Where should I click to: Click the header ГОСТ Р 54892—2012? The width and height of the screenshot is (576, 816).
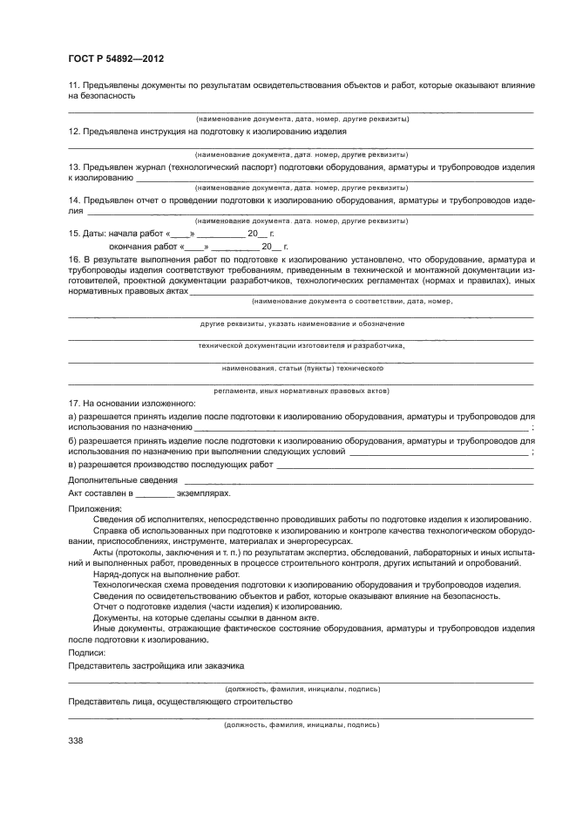coord(116,58)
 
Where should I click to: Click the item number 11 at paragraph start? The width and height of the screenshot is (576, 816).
coord(74,85)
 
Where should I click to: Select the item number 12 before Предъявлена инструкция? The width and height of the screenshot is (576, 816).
coord(74,131)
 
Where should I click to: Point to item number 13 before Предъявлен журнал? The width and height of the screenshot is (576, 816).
coord(74,166)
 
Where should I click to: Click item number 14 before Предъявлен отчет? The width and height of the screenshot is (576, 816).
coord(74,200)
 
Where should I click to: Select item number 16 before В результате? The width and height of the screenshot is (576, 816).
coord(74,260)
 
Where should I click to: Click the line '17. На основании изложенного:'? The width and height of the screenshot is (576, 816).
coord(132,403)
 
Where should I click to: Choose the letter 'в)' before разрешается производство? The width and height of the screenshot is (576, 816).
coord(73,466)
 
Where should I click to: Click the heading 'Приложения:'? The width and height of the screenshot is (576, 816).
coord(91,507)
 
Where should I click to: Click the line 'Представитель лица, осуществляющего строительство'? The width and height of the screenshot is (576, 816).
coord(180,700)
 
